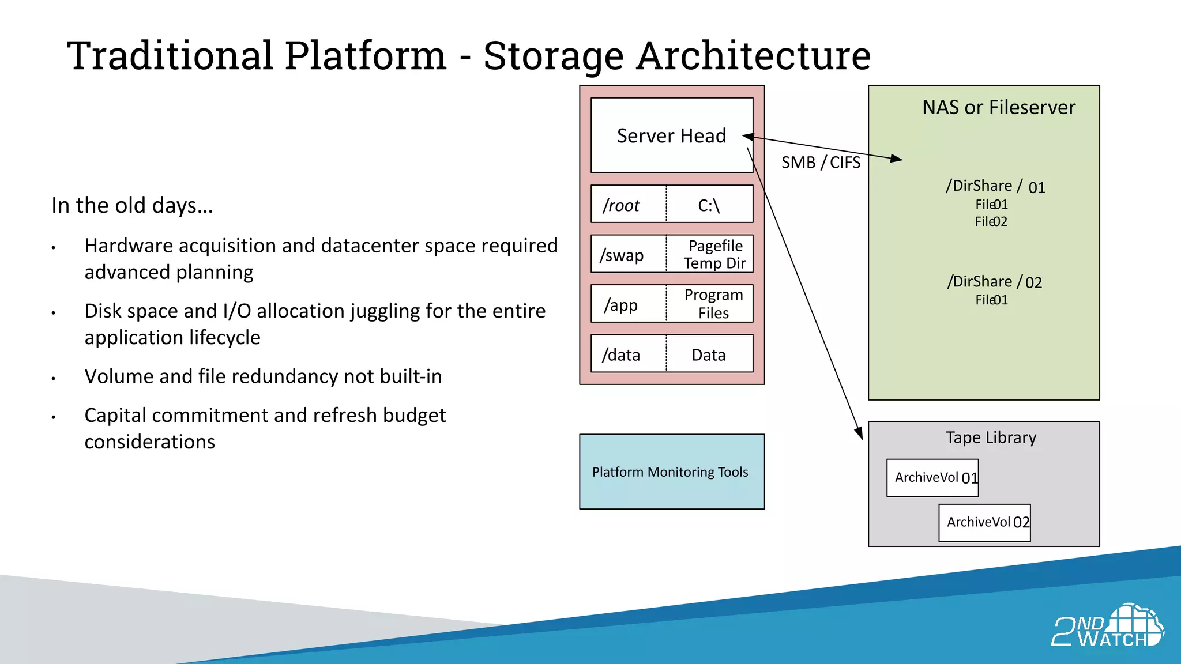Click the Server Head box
[671, 135]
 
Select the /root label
[621, 205]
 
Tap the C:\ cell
[709, 205]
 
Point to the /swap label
[622, 255]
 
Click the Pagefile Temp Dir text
[714, 254]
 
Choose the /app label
[620, 304]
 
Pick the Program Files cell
[713, 304]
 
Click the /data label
[621, 354]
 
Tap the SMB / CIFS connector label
[821, 163]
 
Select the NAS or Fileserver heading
[998, 107]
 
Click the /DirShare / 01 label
[995, 186]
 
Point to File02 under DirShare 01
[991, 221]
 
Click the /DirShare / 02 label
[994, 282]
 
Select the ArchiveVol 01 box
[932, 478]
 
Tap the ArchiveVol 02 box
[984, 523]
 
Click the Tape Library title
[991, 437]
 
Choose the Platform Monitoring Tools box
[671, 472]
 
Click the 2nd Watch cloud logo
[1107, 626]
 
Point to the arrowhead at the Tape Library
[859, 433]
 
